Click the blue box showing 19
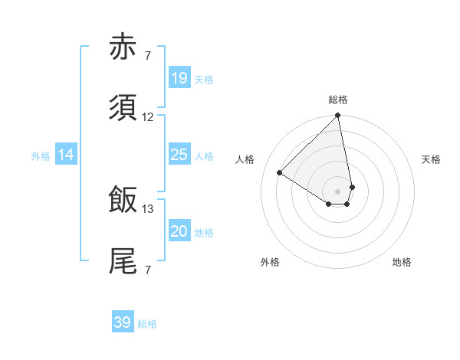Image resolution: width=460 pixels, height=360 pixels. tap(179, 78)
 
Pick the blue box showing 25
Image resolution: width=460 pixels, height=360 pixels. tap(179, 155)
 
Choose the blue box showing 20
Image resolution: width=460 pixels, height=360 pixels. tap(179, 232)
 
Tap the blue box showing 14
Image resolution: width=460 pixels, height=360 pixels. tap(66, 155)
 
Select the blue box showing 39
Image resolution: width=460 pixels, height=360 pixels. tap(123, 322)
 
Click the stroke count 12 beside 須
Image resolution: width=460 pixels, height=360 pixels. tap(148, 117)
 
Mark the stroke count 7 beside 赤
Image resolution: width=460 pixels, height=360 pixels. tap(148, 55)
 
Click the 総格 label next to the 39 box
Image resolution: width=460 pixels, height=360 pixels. tap(147, 324)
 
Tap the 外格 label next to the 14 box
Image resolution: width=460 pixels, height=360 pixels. tap(41, 156)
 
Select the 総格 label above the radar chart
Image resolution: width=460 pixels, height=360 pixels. tap(338, 100)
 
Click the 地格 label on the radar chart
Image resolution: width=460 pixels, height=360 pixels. tap(402, 263)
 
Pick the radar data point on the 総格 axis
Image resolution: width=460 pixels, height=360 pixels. tap(338, 116)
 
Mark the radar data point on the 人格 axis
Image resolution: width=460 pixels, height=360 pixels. tap(280, 172)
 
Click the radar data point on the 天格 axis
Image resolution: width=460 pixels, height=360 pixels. tap(352, 187)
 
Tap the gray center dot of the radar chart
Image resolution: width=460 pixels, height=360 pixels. tap(338, 191)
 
